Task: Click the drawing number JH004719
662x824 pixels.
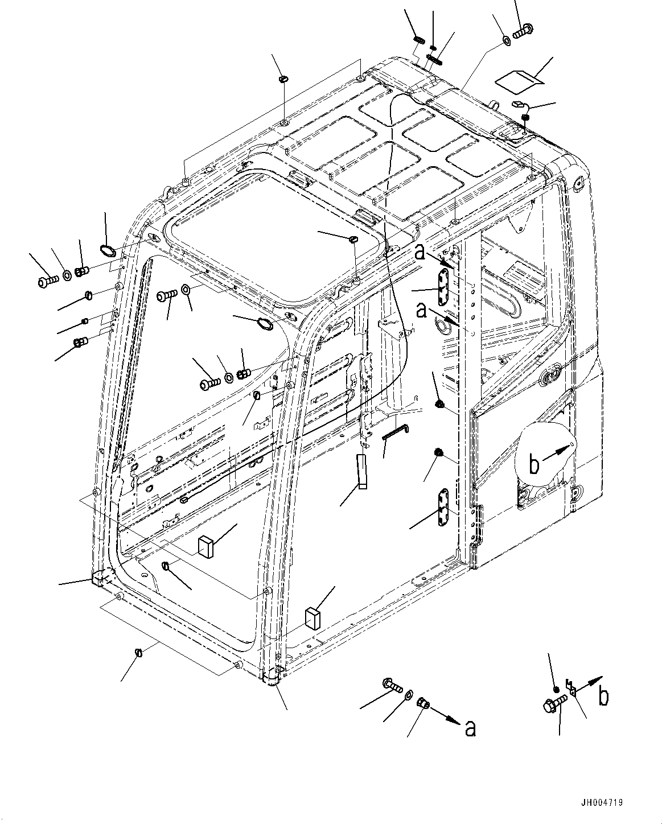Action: click(602, 803)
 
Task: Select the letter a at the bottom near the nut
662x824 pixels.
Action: click(470, 728)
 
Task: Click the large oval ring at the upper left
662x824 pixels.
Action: click(107, 249)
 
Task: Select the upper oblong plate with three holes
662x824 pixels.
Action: click(443, 288)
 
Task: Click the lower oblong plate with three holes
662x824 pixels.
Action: click(443, 509)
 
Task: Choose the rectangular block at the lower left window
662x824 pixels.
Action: click(205, 545)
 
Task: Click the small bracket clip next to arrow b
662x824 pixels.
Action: click(570, 687)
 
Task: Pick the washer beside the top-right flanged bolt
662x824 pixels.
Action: click(507, 41)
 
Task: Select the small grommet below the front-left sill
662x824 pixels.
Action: click(138, 652)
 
